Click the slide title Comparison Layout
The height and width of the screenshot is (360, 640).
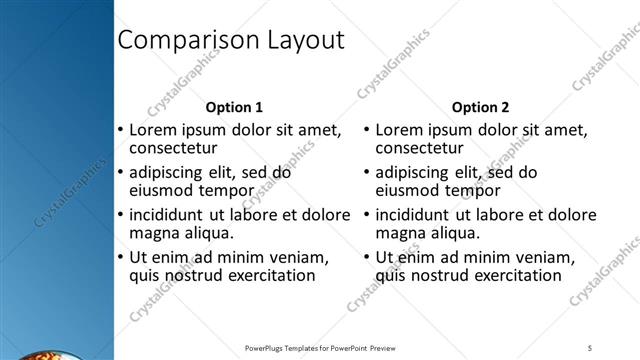pos(231,40)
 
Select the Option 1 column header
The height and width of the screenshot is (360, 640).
pos(234,107)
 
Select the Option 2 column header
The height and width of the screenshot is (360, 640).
pos(480,107)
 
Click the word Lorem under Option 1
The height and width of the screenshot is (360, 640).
pos(155,130)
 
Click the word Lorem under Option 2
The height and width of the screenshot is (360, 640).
pos(401,130)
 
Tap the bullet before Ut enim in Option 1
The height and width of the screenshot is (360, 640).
pos(121,257)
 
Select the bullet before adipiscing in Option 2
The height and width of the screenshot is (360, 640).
pos(367,172)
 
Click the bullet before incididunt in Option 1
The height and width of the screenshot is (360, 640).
pos(121,215)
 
